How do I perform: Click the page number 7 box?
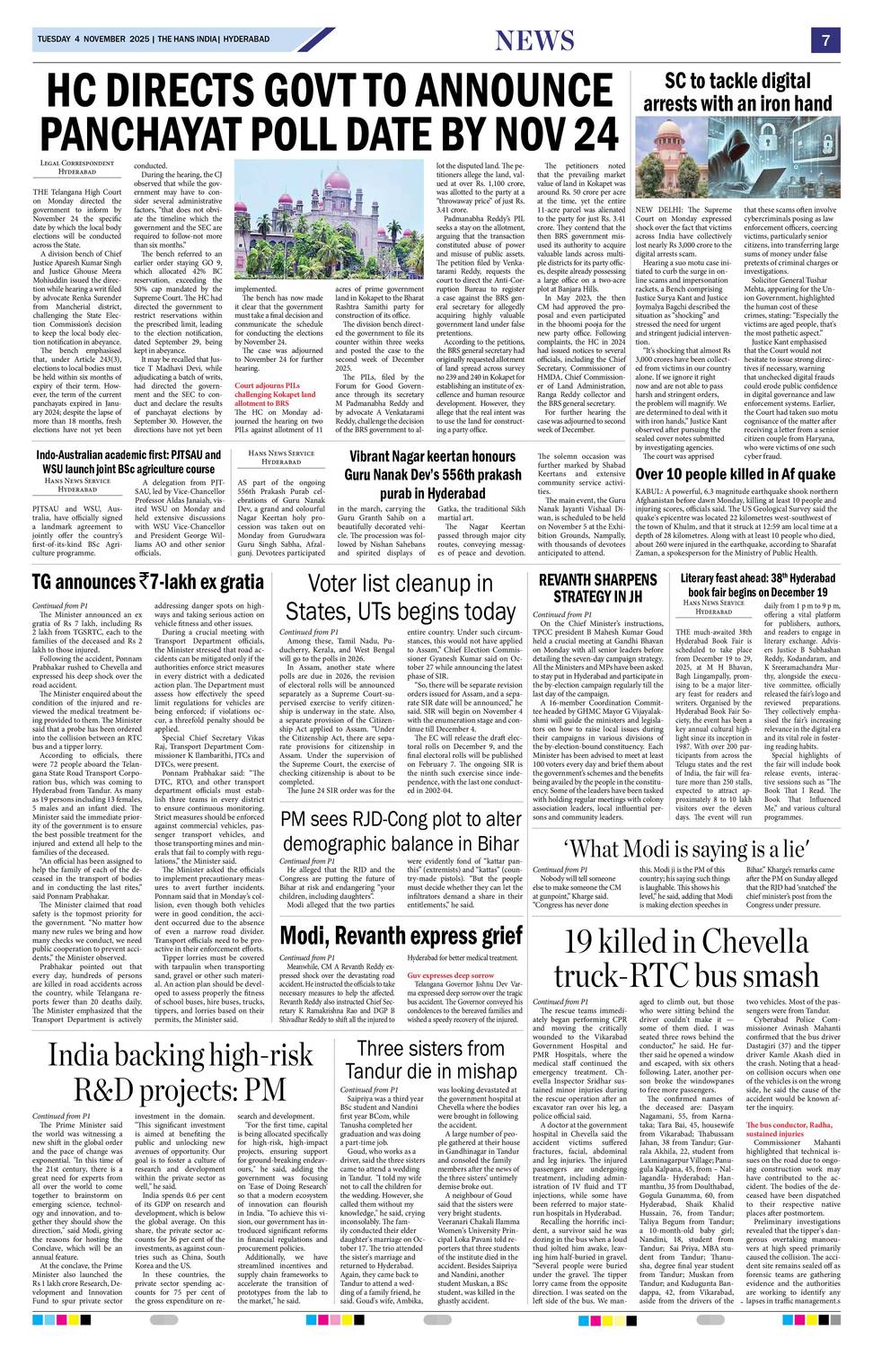pos(824,40)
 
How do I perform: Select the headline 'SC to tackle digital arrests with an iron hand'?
pos(737,92)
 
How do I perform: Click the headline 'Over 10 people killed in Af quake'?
pos(735,474)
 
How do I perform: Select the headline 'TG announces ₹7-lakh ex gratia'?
pos(148,582)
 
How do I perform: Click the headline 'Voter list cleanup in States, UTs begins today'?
pos(401,598)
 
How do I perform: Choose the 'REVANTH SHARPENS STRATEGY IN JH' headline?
pos(597,588)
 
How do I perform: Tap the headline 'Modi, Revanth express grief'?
pos(401,935)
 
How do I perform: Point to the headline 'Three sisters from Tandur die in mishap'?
pos(431,1060)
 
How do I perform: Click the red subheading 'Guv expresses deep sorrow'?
pos(449,974)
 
